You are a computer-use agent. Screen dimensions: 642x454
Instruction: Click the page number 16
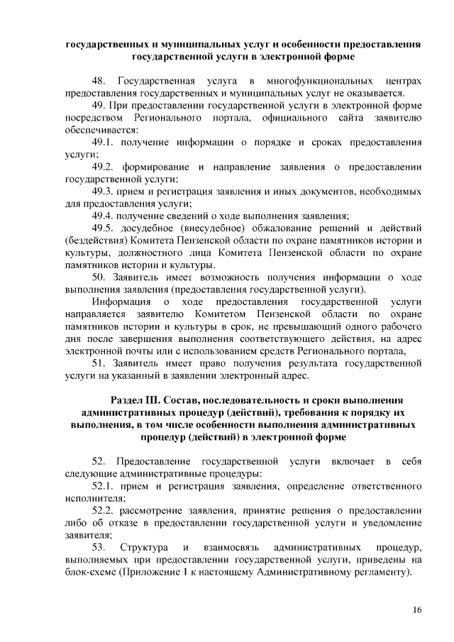[x=417, y=609]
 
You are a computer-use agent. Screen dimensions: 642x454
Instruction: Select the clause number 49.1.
[x=104, y=143]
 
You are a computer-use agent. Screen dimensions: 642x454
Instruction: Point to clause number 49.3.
[x=104, y=191]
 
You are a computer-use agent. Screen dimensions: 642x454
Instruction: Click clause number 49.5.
[x=104, y=228]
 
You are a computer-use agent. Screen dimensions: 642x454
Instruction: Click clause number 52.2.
[x=104, y=510]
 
